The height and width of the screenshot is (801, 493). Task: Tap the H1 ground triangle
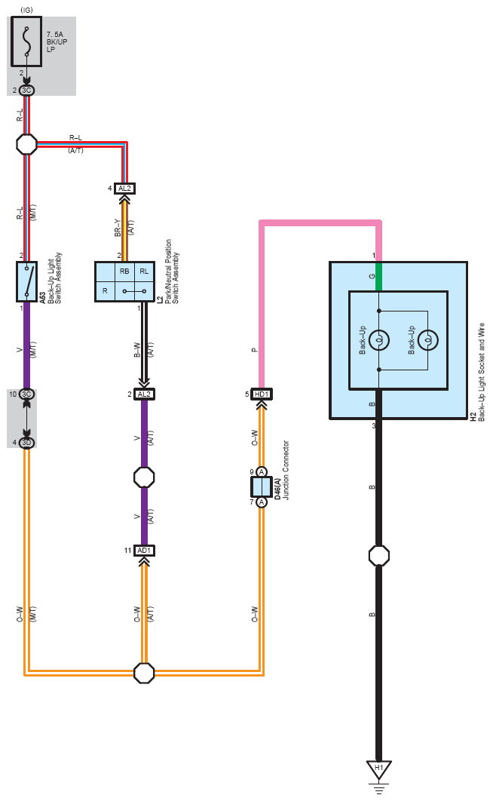click(378, 769)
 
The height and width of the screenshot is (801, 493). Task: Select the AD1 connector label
click(144, 550)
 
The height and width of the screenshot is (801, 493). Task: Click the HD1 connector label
click(262, 394)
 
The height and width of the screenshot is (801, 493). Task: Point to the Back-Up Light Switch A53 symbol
click(27, 281)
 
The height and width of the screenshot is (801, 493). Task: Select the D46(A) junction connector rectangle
click(262, 487)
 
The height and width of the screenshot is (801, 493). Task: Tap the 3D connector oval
click(26, 442)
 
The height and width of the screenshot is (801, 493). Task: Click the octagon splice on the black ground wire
click(378, 556)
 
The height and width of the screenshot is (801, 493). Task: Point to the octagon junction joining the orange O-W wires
click(143, 672)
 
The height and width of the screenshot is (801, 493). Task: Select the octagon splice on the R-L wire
click(26, 144)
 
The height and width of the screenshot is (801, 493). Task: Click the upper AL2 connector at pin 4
click(124, 188)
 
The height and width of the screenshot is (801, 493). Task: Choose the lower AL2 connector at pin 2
click(144, 394)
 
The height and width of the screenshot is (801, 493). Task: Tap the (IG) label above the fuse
click(26, 8)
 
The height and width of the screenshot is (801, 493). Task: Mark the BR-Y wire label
click(117, 228)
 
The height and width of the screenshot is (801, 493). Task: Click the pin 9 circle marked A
click(262, 472)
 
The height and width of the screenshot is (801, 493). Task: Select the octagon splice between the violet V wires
click(143, 477)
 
